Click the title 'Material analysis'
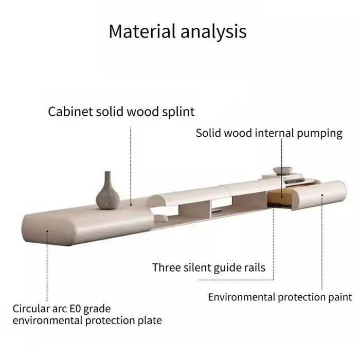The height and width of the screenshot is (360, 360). click(178, 31)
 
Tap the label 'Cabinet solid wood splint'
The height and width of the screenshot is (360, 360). click(121, 112)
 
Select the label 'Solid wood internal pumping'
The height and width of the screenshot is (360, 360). click(269, 133)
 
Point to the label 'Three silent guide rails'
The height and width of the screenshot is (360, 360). click(209, 267)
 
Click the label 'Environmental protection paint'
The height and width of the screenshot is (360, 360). click(280, 297)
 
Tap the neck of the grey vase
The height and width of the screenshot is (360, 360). click(107, 177)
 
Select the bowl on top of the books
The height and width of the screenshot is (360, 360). click(283, 171)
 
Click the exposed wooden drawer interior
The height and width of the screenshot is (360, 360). click(278, 197)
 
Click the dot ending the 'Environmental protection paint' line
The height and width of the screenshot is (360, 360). click(322, 195)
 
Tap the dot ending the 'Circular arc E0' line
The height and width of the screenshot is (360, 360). click(47, 231)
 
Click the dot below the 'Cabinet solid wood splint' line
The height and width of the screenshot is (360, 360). click(131, 204)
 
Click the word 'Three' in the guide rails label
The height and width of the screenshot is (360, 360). click(166, 267)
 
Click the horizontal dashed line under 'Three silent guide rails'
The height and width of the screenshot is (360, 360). click(236, 280)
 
